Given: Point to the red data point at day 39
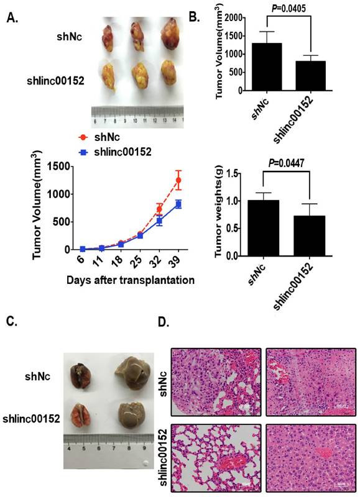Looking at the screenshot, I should click(x=179, y=180).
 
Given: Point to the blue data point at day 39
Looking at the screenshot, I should click(x=179, y=204).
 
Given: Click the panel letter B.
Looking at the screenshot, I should click(x=193, y=17).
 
